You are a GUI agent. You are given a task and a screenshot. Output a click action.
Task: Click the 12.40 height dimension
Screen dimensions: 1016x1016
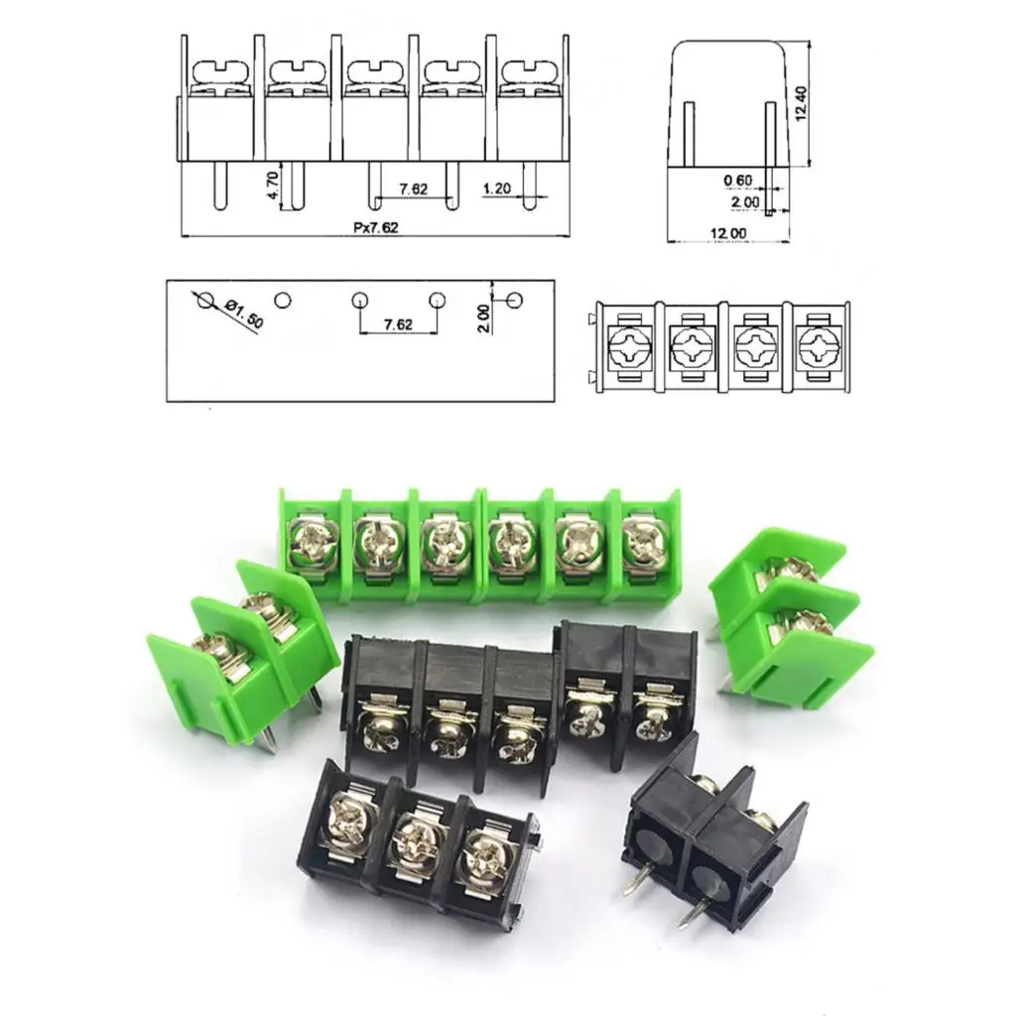802,100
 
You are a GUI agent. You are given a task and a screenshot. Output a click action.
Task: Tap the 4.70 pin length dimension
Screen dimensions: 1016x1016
273,185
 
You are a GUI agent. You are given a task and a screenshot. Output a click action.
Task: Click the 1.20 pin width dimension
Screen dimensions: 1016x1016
497,189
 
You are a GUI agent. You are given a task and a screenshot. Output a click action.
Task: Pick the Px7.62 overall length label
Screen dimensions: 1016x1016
377,227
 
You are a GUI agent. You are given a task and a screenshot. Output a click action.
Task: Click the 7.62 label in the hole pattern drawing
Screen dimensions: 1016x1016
397,324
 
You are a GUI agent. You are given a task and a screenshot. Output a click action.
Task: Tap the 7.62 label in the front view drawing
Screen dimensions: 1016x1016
414,189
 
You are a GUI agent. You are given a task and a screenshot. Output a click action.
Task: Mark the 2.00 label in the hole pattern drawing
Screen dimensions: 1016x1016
483,317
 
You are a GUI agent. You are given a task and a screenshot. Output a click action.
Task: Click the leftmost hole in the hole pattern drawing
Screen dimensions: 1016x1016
204,299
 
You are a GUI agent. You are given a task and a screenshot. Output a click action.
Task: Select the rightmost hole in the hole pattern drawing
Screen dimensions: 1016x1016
514,299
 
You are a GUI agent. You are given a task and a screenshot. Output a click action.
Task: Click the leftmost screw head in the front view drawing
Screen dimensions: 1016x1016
221,71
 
